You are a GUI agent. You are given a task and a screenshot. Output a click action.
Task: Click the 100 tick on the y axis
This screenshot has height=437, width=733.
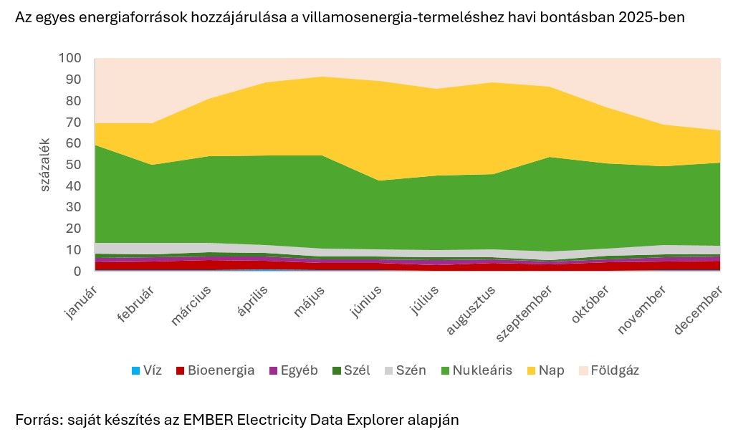click(x=72, y=58)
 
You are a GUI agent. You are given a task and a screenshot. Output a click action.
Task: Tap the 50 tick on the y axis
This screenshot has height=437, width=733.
click(x=75, y=165)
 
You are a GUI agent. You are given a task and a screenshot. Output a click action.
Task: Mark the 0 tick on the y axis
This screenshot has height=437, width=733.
click(x=77, y=272)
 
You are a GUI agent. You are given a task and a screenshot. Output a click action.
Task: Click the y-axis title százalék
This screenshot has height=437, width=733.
click(x=45, y=165)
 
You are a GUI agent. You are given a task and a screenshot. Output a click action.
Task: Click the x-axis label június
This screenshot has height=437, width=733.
click(x=365, y=301)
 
